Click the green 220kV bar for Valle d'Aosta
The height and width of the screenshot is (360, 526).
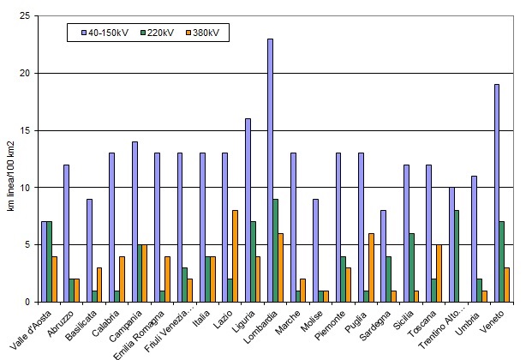click(x=50, y=261)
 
